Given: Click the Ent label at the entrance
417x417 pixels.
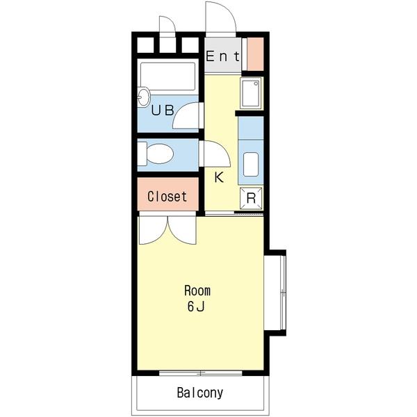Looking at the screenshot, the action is pos(223,56).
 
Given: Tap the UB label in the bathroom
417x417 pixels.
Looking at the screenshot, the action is pos(163,110).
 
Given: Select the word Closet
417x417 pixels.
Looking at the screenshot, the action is pos(167,197).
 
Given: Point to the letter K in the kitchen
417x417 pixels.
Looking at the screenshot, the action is pos(219,177).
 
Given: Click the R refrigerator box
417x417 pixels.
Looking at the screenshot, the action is pos(251,198).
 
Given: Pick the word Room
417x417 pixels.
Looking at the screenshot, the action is pos(197,291).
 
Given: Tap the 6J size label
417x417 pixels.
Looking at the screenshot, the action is pos(196,307).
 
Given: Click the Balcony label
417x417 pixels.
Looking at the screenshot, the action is pos(200,393).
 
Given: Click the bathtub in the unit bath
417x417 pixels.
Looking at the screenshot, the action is pos(168,76).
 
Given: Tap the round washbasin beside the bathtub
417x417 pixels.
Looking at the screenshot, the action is pos(145,97).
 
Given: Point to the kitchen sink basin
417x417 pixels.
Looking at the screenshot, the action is pos(251,164).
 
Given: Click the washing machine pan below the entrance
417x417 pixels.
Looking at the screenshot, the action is pos(250,93).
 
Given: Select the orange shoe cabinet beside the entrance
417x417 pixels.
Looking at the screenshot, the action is pos(255,54).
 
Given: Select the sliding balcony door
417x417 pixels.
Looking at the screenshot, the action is pos(201,373).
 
